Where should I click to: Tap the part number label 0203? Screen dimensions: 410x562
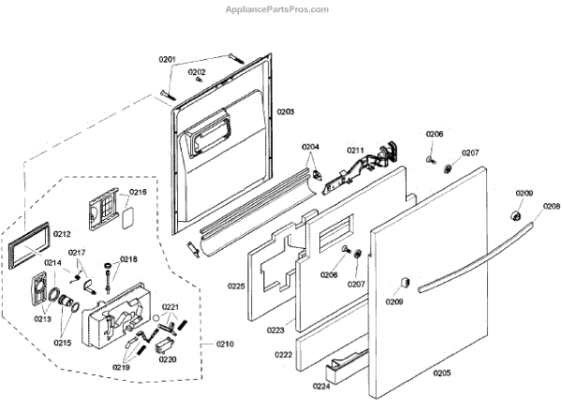[x=285, y=111]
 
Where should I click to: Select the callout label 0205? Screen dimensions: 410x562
[x=441, y=373]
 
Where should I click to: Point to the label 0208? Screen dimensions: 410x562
[x=552, y=207]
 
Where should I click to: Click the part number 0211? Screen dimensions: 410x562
[x=355, y=150]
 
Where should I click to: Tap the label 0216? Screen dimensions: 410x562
[x=138, y=192]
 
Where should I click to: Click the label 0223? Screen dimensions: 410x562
[x=276, y=329]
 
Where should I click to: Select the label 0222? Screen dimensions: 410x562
[x=283, y=357]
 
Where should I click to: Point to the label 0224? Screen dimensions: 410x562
[x=321, y=384]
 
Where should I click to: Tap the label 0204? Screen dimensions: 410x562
[x=310, y=147]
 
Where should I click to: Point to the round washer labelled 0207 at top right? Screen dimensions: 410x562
[x=449, y=168]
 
